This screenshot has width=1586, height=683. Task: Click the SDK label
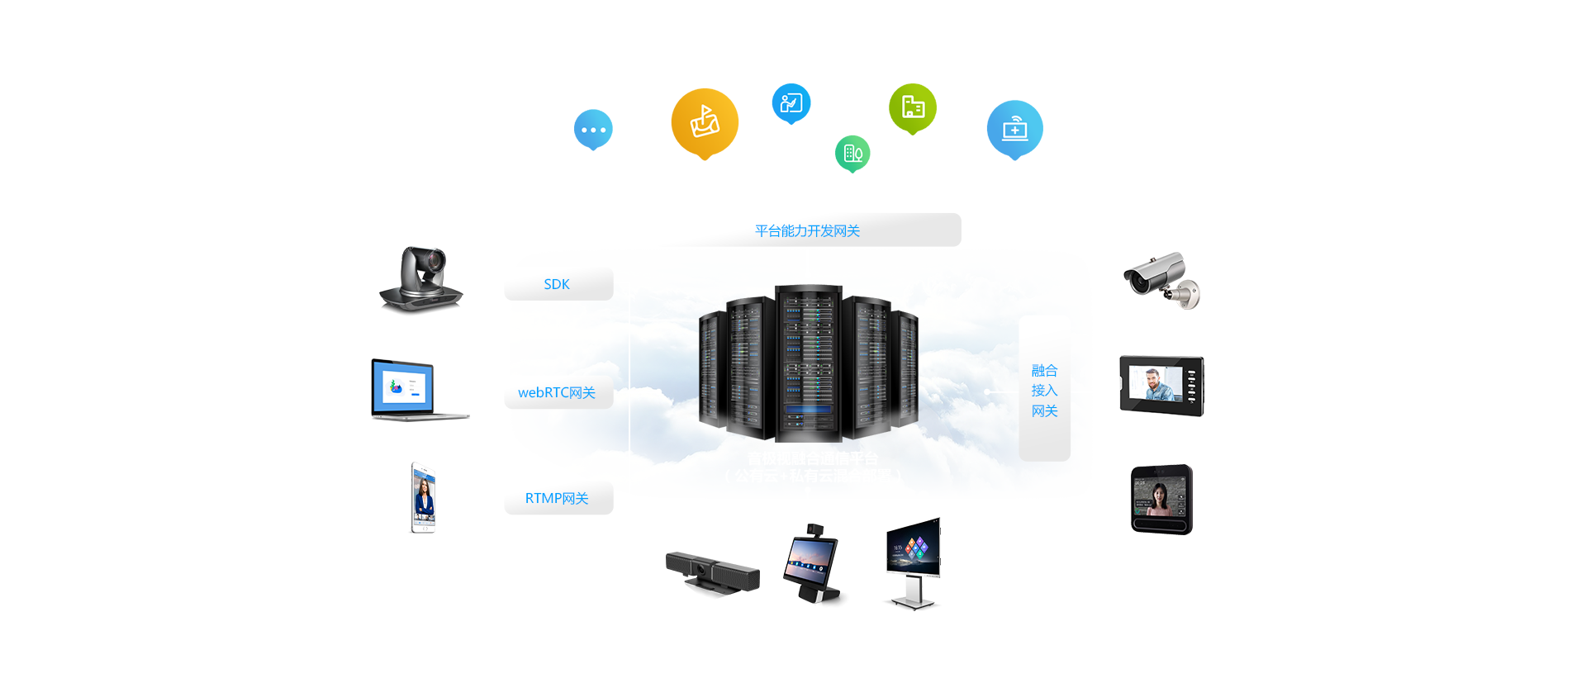[x=557, y=284]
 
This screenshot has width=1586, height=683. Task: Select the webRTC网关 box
[x=557, y=392]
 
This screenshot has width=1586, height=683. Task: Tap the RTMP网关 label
[x=557, y=499]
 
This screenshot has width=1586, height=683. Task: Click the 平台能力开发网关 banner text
[x=807, y=231]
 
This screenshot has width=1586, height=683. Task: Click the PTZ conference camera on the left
[x=421, y=281]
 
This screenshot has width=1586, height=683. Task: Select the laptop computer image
[x=420, y=390]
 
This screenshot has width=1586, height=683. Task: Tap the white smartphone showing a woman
[x=422, y=497]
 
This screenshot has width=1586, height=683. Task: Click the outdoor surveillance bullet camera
[x=1161, y=281]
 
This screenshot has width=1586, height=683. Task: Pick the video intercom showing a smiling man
[x=1161, y=386]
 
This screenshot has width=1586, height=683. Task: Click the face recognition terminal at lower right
[x=1161, y=500]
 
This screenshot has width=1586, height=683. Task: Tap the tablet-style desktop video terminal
[x=812, y=564]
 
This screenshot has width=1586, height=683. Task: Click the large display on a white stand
[x=913, y=562]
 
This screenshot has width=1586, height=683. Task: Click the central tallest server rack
[x=808, y=362]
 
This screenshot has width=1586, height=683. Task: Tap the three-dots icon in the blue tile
[x=593, y=130]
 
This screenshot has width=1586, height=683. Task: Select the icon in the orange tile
[x=705, y=121]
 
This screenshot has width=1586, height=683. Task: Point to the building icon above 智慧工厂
[x=913, y=107]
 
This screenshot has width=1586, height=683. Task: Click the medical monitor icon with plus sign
[x=1014, y=128]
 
